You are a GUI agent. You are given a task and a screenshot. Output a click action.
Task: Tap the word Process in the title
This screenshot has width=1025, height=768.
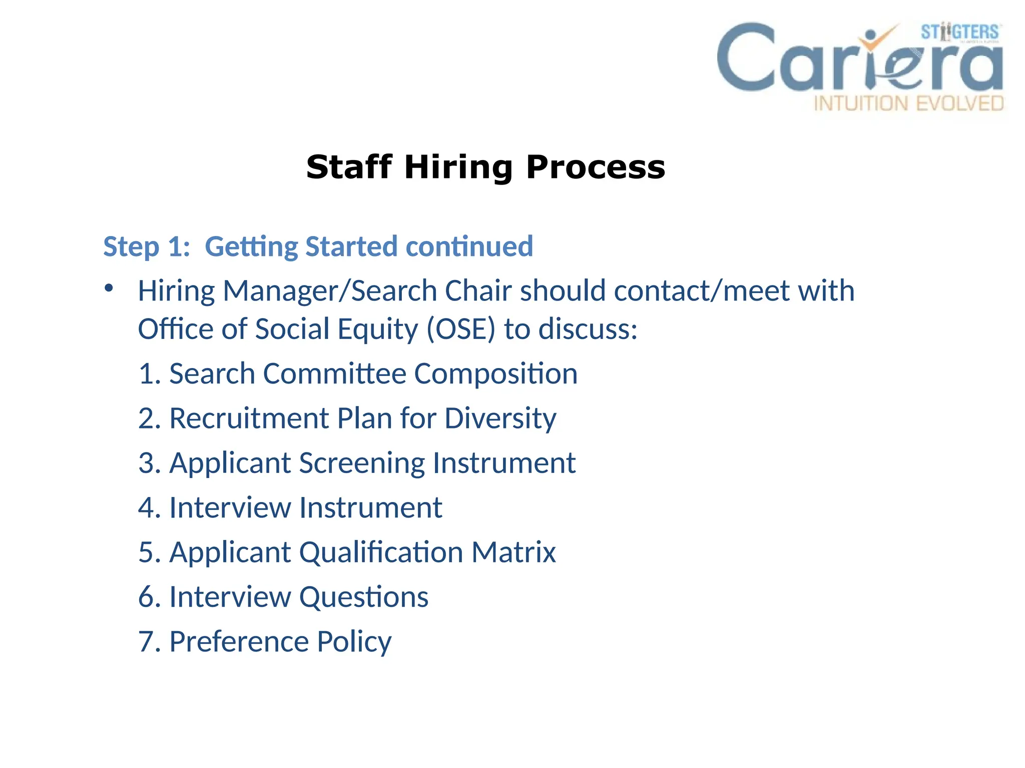click(596, 167)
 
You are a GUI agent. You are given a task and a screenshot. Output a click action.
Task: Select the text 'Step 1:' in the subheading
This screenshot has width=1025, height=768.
click(147, 246)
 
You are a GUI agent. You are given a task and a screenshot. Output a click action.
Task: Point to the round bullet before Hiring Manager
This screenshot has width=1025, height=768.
click(109, 288)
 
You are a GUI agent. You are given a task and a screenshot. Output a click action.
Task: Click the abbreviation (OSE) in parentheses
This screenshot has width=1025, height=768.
click(460, 329)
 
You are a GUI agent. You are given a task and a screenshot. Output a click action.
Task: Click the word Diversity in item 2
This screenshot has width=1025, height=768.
click(500, 418)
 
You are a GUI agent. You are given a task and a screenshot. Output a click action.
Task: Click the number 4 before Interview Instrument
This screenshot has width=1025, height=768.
click(147, 507)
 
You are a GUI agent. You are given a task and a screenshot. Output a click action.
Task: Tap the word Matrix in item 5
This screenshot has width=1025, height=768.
click(513, 552)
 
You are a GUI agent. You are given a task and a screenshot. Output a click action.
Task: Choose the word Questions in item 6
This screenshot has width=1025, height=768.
click(363, 597)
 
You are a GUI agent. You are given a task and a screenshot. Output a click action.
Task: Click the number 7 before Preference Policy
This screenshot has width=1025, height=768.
click(147, 641)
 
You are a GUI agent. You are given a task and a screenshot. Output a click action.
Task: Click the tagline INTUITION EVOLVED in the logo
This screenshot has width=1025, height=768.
click(908, 103)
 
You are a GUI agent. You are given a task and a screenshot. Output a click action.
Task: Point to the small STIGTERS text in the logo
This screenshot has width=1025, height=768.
click(959, 32)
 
